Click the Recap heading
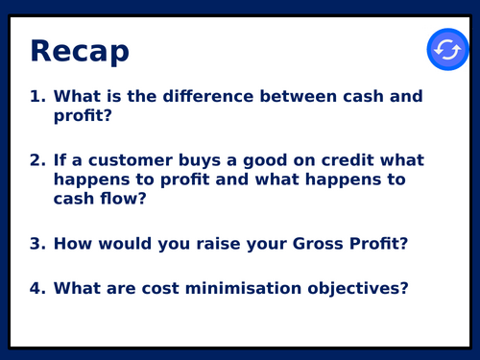(x=80, y=51)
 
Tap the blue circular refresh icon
(x=447, y=49)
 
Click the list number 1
(x=37, y=97)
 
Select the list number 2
(x=37, y=159)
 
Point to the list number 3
(x=37, y=243)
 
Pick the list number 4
(x=37, y=287)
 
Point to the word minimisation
(x=257, y=287)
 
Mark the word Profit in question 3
(x=381, y=243)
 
